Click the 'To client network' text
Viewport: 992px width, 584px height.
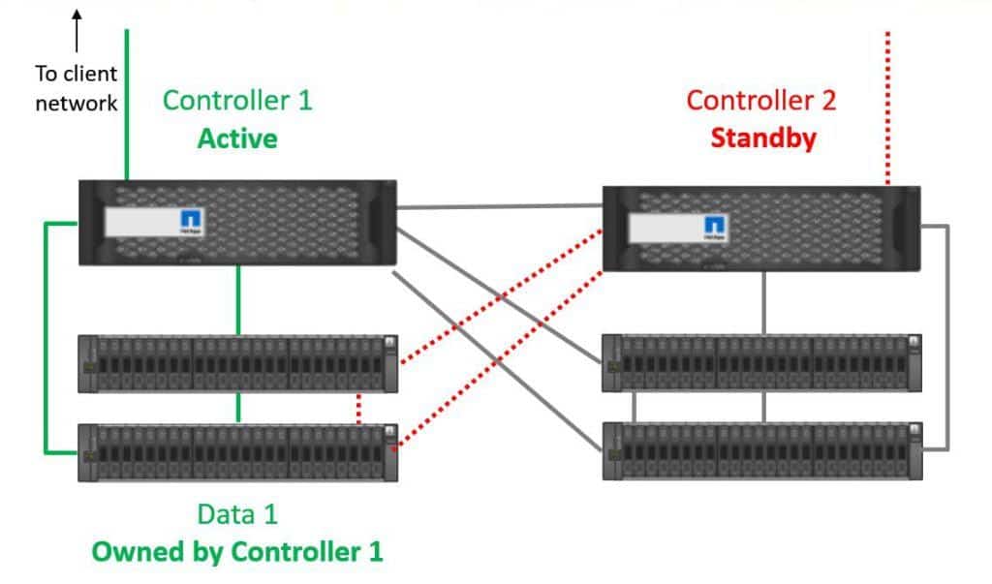77,87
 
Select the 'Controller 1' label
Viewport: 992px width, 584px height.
237,100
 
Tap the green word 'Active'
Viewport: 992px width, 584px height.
237,138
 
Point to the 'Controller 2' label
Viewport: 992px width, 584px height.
760,100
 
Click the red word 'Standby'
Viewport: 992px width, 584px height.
762,138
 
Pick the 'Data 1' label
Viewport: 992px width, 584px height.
237,514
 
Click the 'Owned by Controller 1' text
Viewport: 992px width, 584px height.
237,552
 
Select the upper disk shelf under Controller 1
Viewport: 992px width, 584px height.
238,363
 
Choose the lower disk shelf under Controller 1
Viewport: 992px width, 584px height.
238,451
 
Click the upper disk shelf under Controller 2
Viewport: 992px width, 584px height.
761,363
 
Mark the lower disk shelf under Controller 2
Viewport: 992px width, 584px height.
761,450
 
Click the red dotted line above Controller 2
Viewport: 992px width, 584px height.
887,107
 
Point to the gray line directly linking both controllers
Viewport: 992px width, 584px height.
500,206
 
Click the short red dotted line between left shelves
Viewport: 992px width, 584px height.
359,408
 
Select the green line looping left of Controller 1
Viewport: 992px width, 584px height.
46,339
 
